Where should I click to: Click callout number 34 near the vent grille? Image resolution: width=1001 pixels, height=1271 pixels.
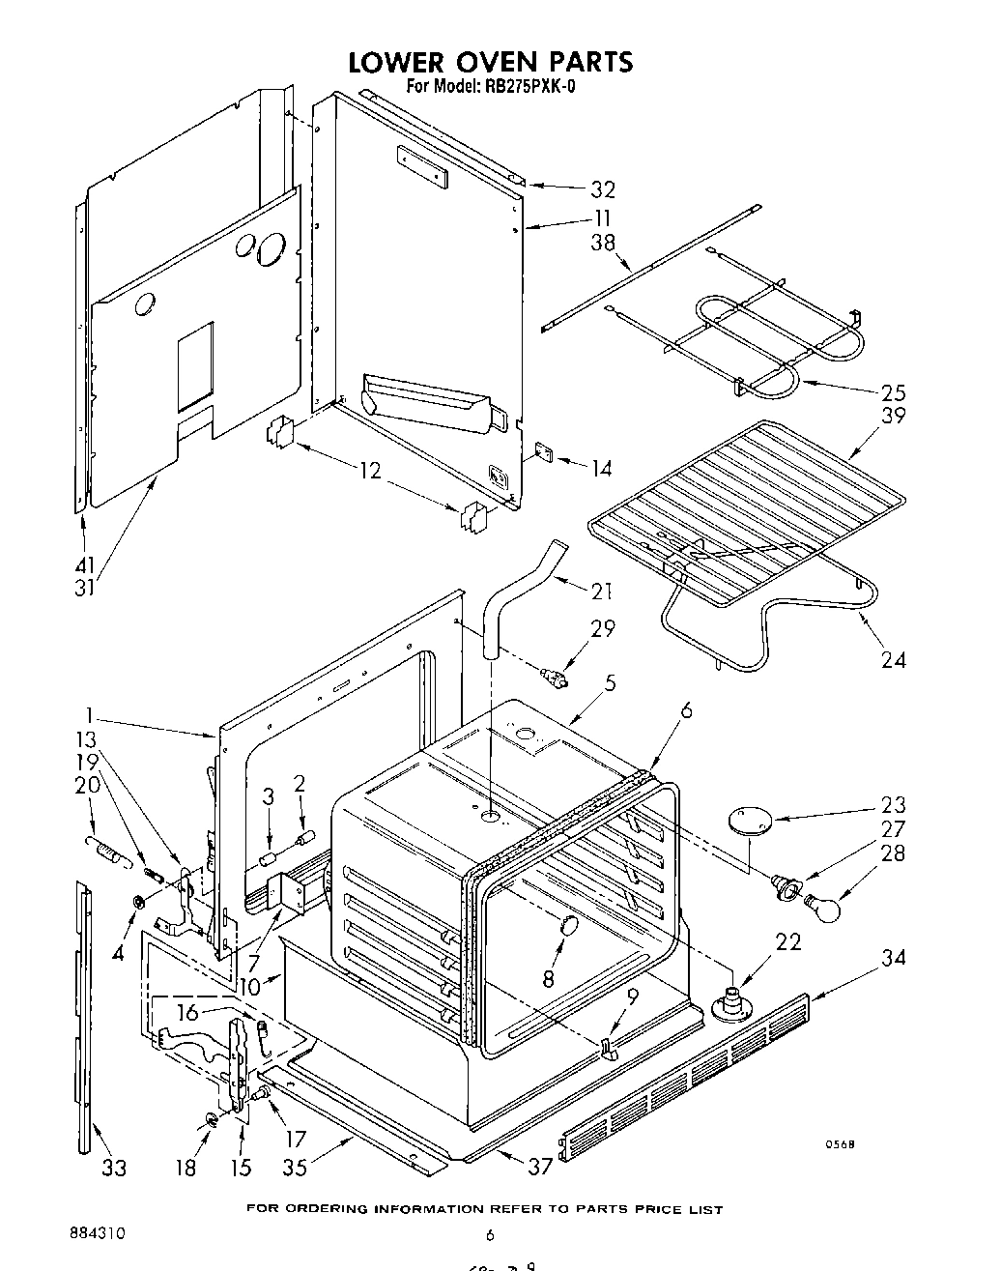(x=893, y=957)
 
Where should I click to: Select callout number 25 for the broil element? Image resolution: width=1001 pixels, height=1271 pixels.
(x=893, y=392)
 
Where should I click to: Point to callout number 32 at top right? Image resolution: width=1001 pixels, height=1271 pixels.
(x=603, y=189)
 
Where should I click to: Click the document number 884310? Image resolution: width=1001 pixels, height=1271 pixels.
(x=97, y=1234)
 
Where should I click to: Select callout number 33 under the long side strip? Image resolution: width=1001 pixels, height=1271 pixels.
(x=114, y=1168)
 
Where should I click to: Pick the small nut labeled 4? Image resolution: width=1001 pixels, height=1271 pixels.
(x=139, y=902)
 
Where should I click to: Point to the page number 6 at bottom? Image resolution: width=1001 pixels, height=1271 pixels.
(x=490, y=1234)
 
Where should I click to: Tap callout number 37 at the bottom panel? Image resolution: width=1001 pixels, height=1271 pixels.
(x=540, y=1167)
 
